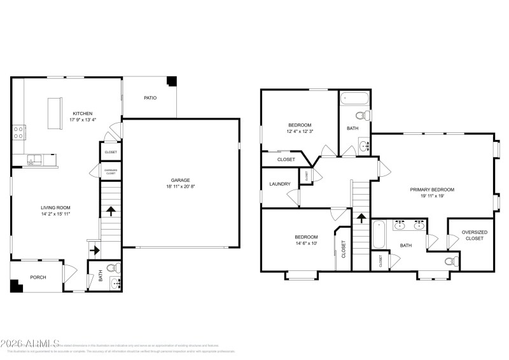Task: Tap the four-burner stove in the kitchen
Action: pyautogui.click(x=19, y=132)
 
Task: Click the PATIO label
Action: pyautogui.click(x=150, y=97)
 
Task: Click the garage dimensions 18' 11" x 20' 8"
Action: pyautogui.click(x=180, y=187)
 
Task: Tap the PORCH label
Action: pyautogui.click(x=38, y=277)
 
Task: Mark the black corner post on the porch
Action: pyautogui.click(x=16, y=286)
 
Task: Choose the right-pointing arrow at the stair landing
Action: pyautogui.click(x=94, y=251)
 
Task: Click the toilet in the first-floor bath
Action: pyautogui.click(x=113, y=267)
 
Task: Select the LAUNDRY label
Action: pyautogui.click(x=279, y=184)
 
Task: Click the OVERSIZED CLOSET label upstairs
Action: pyautogui.click(x=474, y=235)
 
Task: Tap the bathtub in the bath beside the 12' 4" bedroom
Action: pyautogui.click(x=354, y=99)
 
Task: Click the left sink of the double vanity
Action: pyautogui.click(x=400, y=225)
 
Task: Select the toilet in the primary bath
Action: pyautogui.click(x=450, y=261)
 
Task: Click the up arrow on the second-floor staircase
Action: pyautogui.click(x=361, y=218)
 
